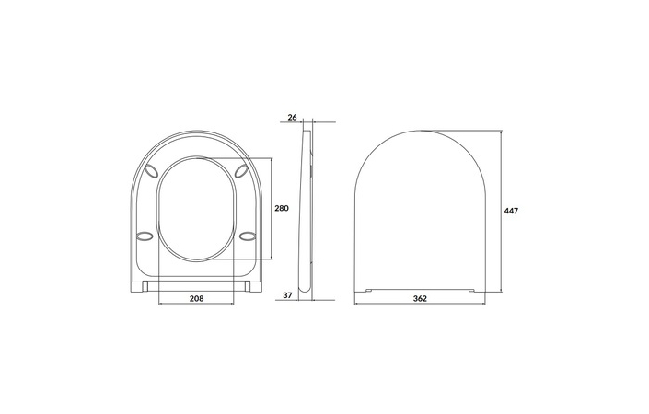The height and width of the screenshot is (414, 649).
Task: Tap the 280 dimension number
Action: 282,209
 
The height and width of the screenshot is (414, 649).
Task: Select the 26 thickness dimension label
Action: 293,118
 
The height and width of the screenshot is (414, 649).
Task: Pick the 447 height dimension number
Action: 512,211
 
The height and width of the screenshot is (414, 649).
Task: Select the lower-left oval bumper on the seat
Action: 144,236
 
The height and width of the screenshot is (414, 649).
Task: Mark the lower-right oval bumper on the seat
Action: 247,236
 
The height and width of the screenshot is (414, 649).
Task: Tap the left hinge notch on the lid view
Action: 369,290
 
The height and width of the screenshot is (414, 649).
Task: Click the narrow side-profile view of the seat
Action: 308,212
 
